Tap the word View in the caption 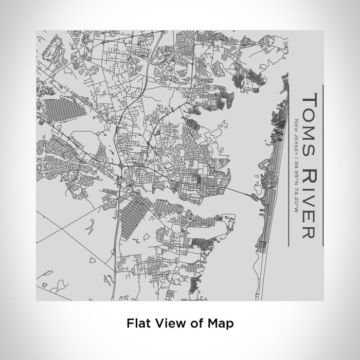pyautogui.click(x=167, y=323)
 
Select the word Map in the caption pyautogui.click(x=222, y=323)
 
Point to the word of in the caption pyautogui.click(x=195, y=323)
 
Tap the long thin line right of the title pyautogui.click(x=322, y=164)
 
